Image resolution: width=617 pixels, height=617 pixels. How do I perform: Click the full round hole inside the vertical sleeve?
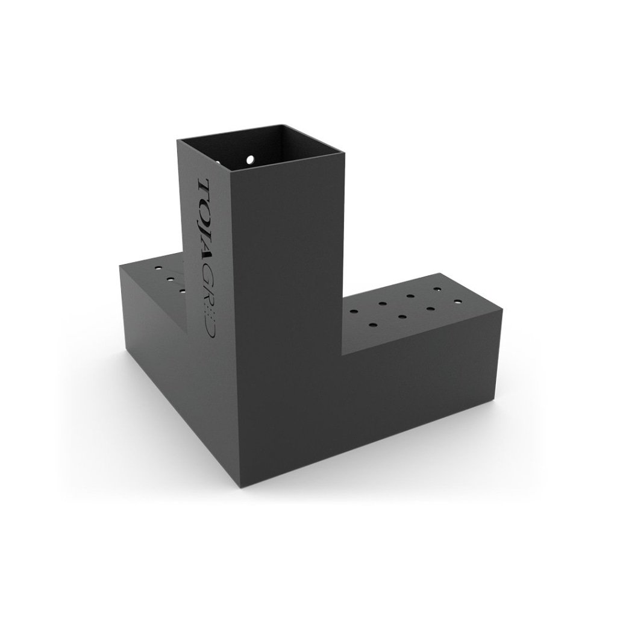tap(249, 160)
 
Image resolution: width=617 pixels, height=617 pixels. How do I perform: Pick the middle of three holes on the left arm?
tap(170, 279)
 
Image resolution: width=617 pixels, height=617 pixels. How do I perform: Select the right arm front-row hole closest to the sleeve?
tap(374, 325)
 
